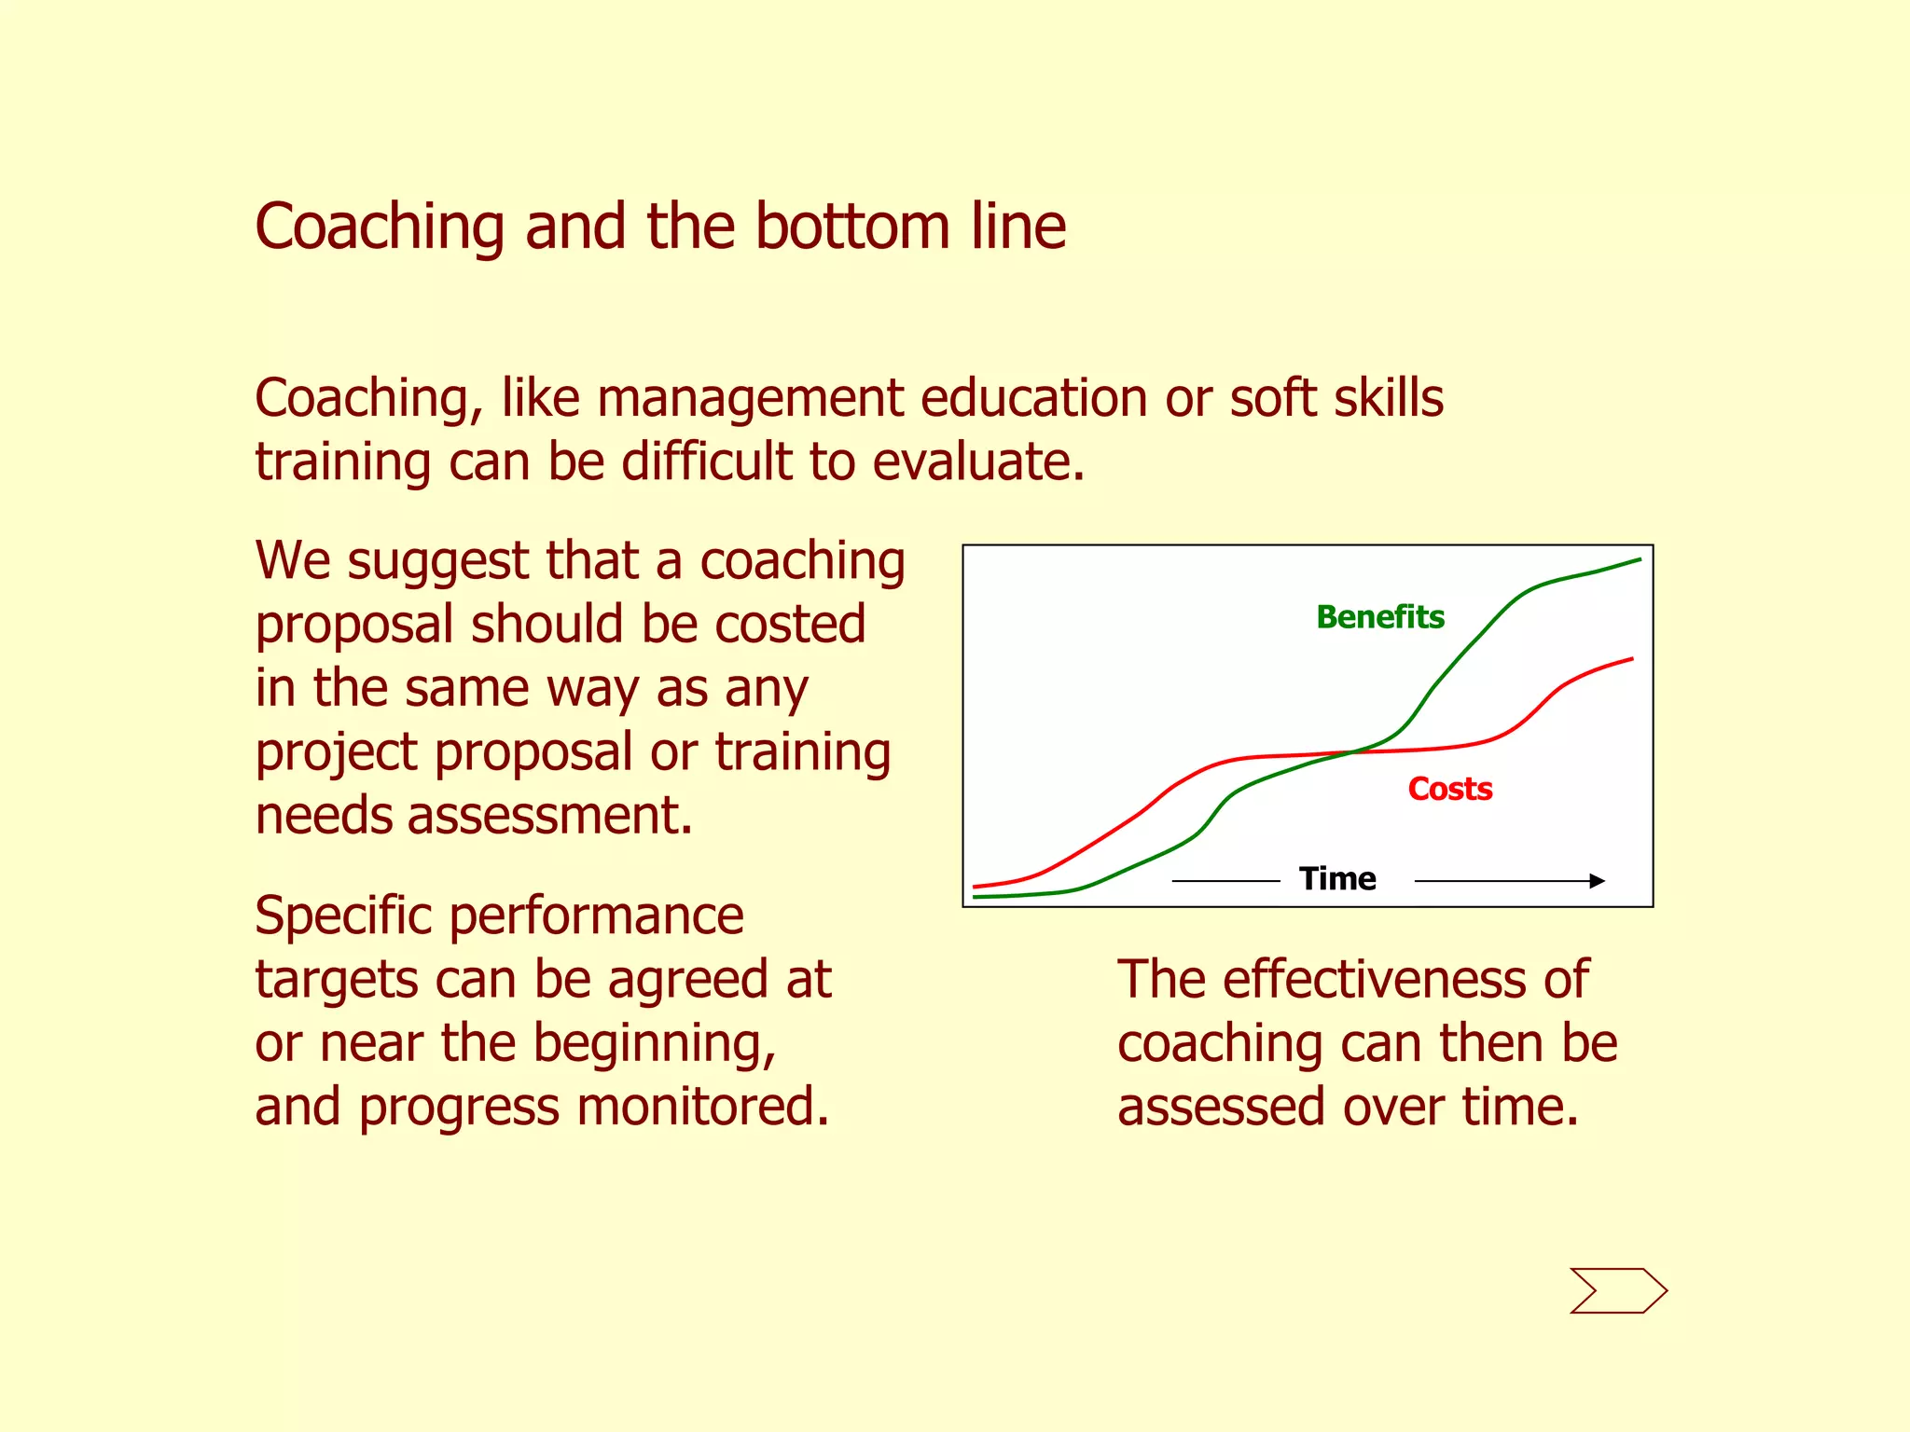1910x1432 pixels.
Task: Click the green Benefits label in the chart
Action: click(1380, 617)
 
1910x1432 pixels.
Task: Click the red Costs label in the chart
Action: click(1450, 789)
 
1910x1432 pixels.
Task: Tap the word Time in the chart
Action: click(1337, 878)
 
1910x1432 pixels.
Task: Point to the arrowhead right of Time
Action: click(1598, 880)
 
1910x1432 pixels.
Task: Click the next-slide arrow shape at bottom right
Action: click(1618, 1290)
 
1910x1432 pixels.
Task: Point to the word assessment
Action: click(550, 816)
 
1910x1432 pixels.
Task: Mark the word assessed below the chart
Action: click(1222, 1108)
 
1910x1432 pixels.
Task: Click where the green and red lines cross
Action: click(1349, 751)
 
